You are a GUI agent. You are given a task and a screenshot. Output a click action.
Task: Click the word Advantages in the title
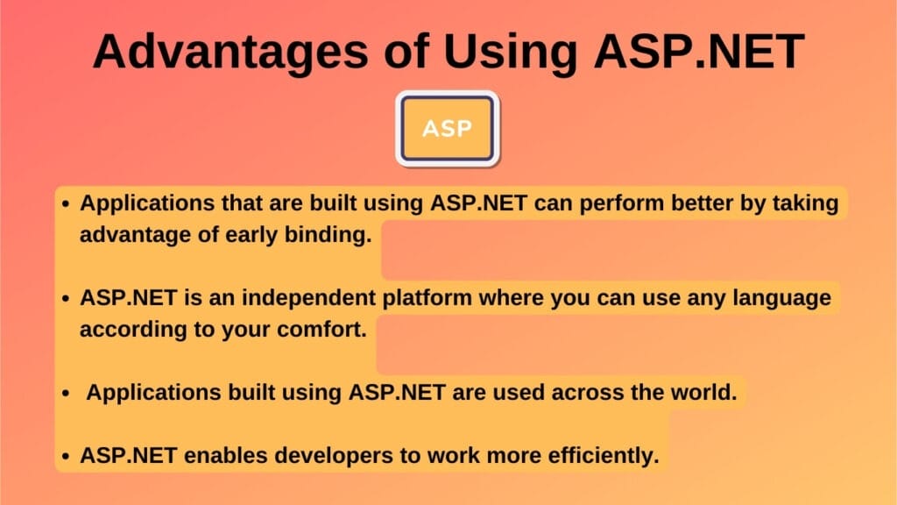(227, 52)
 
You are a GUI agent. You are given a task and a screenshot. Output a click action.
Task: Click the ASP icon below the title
(448, 129)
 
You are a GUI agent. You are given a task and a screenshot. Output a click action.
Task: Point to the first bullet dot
(65, 204)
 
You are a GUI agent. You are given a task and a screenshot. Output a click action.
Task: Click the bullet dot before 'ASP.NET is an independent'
(65, 300)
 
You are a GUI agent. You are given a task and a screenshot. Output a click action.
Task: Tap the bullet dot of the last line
(65, 457)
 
